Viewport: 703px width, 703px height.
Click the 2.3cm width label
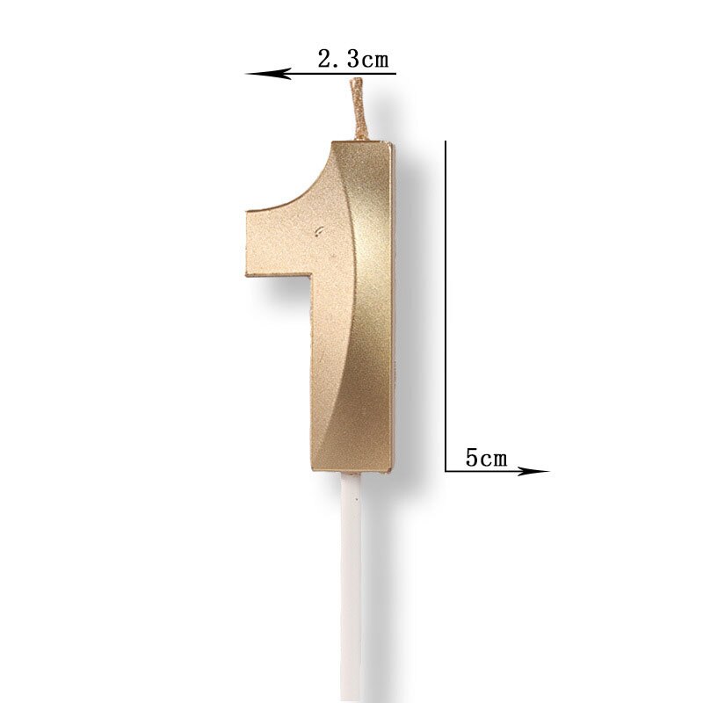coord(353,59)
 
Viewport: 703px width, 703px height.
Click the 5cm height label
coord(486,458)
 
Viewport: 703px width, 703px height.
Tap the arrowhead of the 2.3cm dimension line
coord(268,74)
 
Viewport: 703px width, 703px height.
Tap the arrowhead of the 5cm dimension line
coord(533,471)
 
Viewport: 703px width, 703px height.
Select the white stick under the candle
coord(351,587)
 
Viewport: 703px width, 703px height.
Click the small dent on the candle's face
coord(319,231)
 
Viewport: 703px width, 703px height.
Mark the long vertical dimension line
coord(446,306)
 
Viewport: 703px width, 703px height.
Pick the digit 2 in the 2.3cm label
coord(325,59)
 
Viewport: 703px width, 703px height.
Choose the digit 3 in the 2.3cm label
coord(353,59)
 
